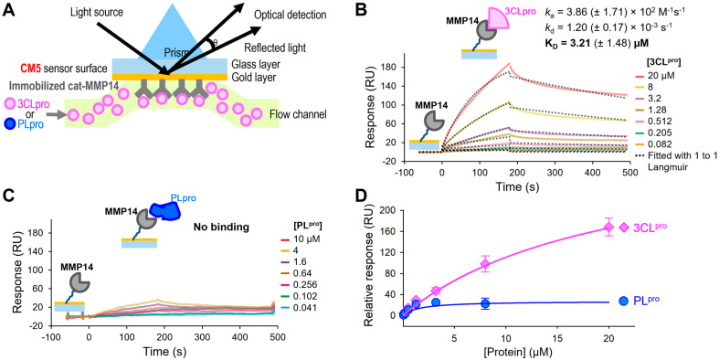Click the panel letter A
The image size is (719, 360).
point(8,9)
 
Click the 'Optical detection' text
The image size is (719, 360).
point(291,15)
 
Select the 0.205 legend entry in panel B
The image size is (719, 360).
point(661,133)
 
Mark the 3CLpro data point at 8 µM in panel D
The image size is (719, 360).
point(485,264)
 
